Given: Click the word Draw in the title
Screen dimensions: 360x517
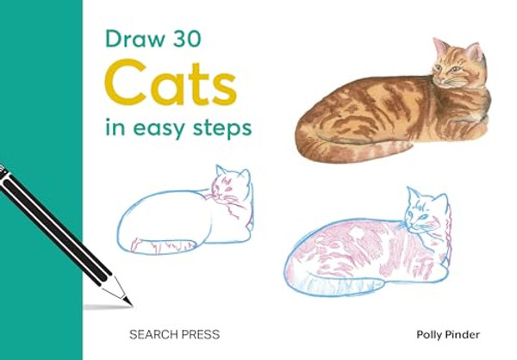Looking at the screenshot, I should click(x=128, y=38).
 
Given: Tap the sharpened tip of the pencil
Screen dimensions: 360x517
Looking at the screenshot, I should click(x=129, y=301).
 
